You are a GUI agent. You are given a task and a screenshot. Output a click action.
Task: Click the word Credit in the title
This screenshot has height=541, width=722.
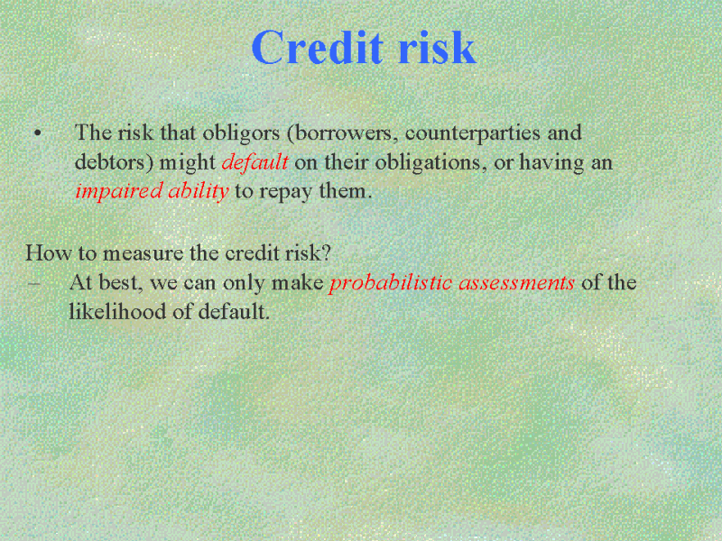[x=318, y=48]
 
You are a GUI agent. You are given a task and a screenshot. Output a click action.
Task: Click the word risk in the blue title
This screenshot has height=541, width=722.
[x=437, y=48]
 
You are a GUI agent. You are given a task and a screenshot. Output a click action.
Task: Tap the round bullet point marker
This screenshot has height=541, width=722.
[x=37, y=133]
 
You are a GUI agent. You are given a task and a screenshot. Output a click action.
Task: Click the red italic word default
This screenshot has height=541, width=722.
[x=255, y=162]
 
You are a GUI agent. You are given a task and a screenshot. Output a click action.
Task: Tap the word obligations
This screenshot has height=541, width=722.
[x=430, y=162]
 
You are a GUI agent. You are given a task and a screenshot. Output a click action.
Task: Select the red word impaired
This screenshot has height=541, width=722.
[x=119, y=191]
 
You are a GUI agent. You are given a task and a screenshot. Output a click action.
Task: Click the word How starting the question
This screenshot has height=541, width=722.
[x=48, y=253]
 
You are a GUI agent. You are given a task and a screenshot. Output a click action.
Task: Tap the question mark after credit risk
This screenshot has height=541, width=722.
[x=326, y=253]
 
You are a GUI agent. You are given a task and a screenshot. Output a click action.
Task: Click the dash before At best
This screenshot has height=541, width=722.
[x=33, y=284]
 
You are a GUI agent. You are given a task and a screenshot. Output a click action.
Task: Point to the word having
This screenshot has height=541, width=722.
[x=551, y=163]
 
